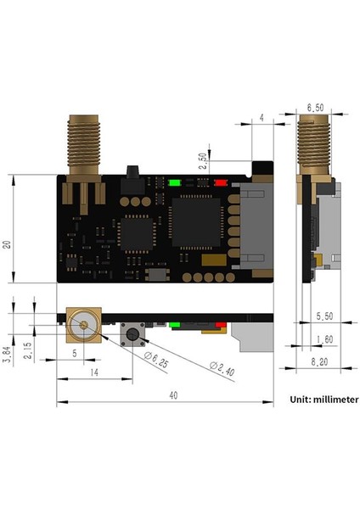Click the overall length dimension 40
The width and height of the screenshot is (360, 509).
tap(172, 394)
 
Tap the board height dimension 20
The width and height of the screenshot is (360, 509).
tap(7, 244)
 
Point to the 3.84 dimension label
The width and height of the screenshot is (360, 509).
tap(7, 351)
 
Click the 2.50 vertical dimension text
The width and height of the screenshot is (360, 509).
tap(201, 162)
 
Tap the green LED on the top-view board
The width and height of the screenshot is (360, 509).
tap(175, 182)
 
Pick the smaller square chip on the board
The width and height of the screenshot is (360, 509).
tap(136, 234)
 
